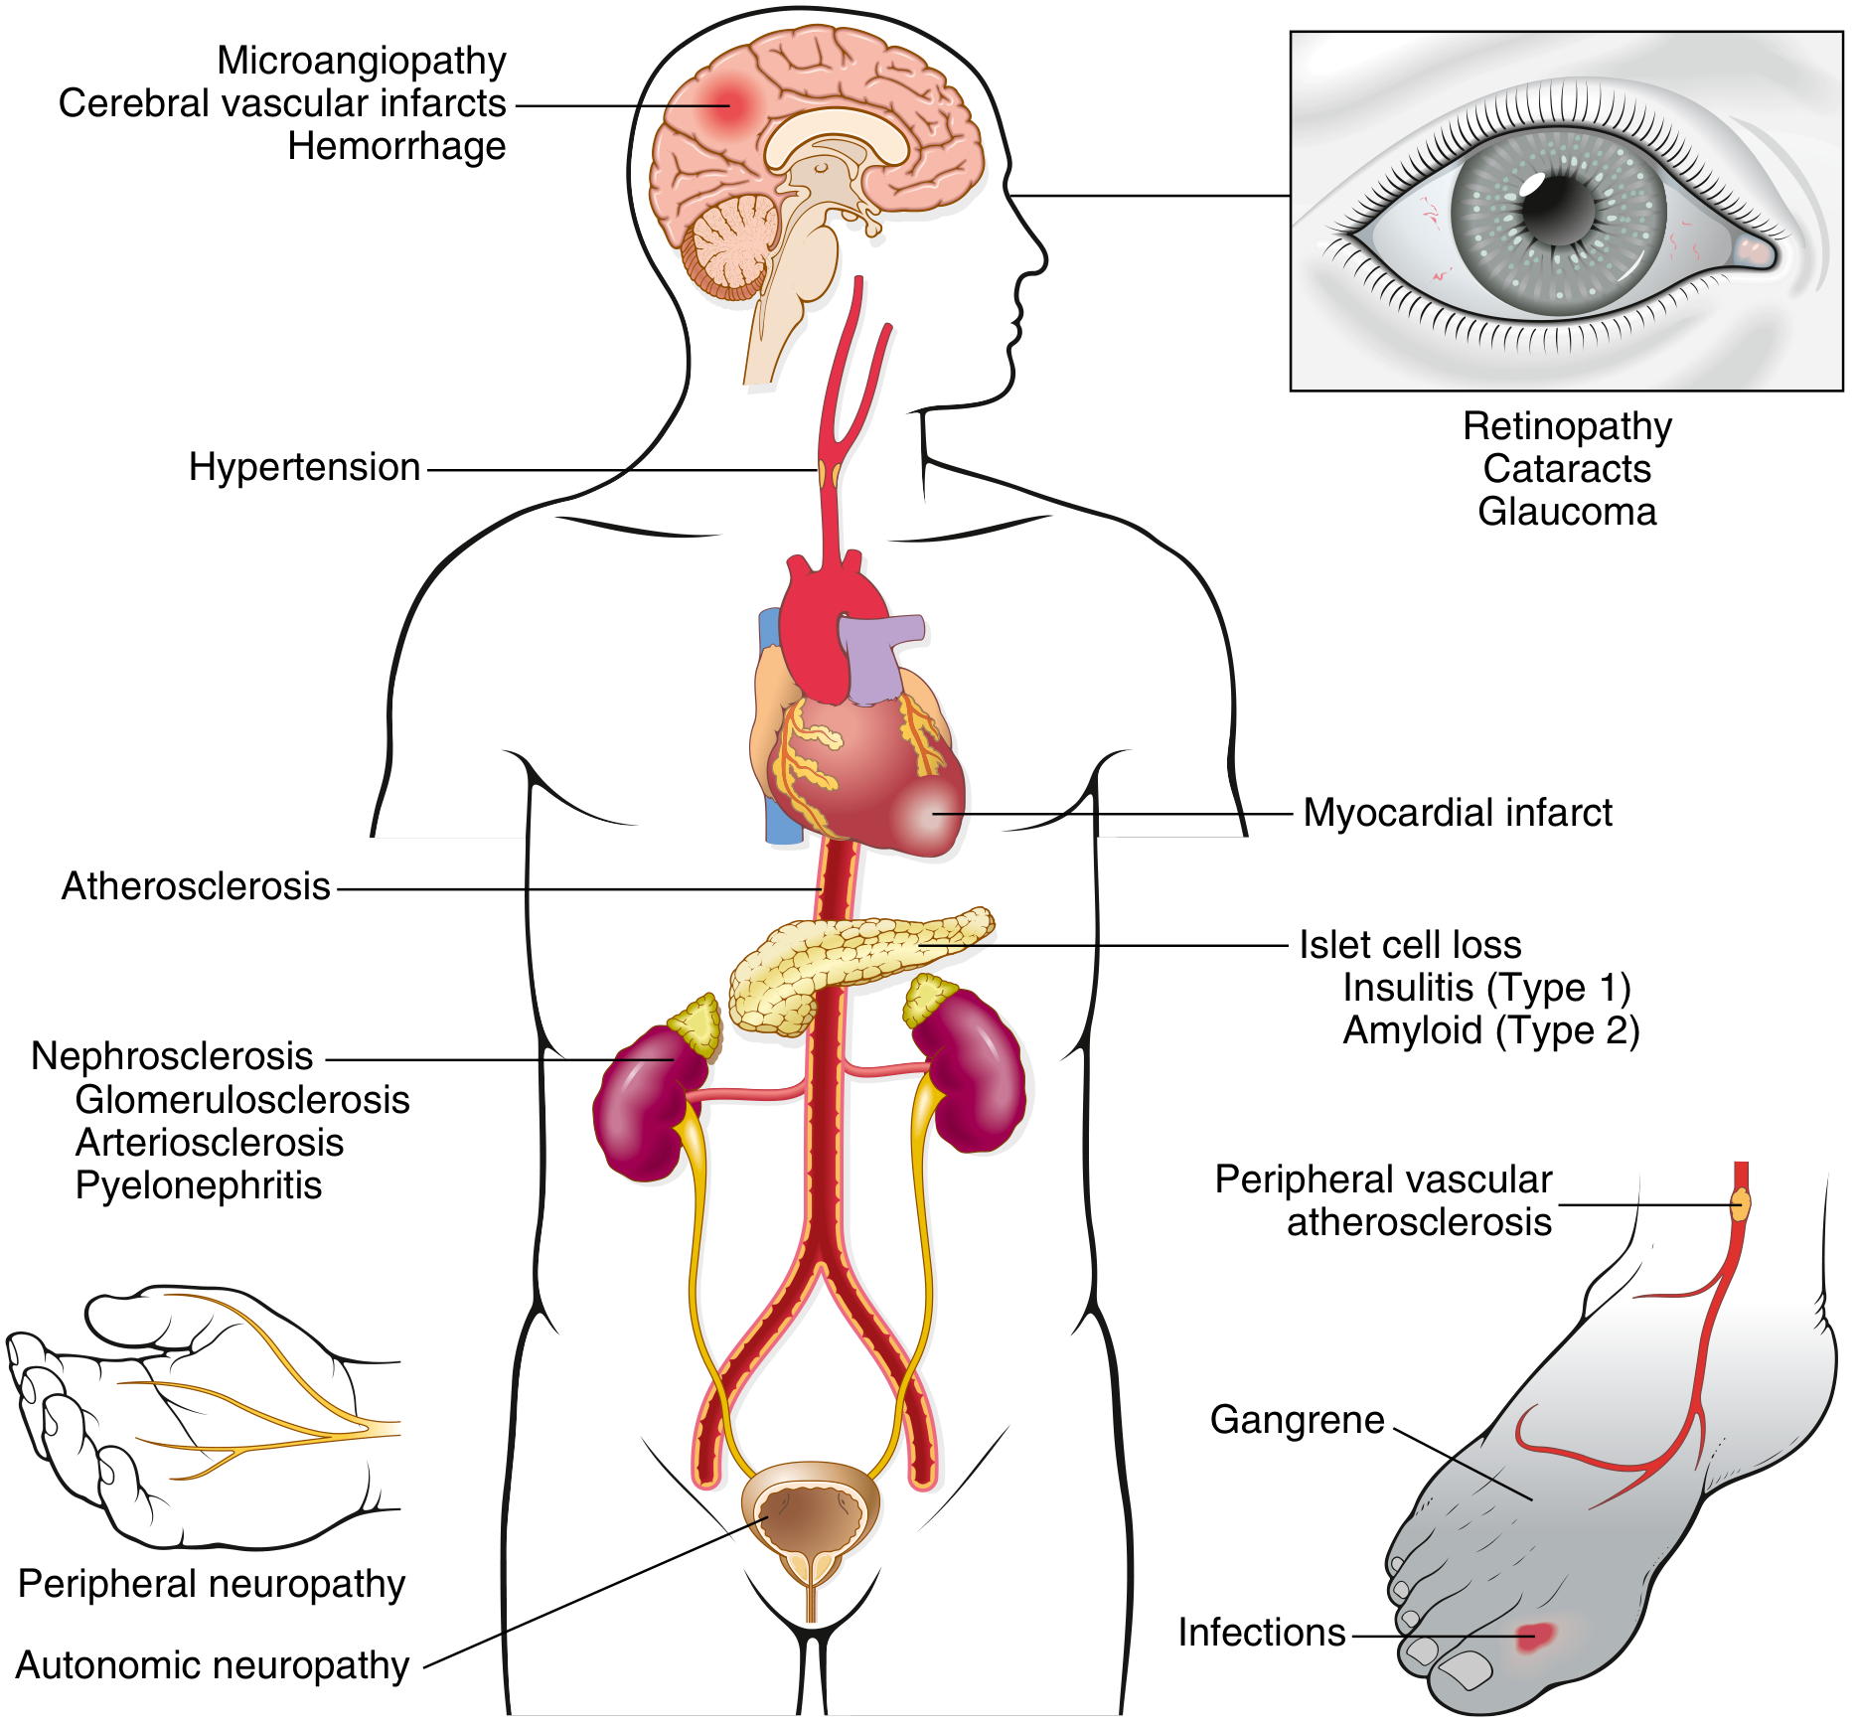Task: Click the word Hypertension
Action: (304, 467)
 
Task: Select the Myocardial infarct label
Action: (1457, 813)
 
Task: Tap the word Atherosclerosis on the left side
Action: (196, 886)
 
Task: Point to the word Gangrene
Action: (1297, 1420)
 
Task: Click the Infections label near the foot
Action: (1261, 1633)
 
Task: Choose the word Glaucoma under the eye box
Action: (1567, 512)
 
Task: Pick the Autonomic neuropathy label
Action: (213, 1665)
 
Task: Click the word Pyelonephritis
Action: (199, 1185)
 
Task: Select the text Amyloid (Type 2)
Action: (1490, 1030)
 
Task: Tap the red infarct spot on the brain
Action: (727, 102)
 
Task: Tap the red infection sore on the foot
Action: (1534, 1635)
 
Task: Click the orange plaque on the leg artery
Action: (1741, 1204)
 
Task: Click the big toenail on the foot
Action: (1467, 1669)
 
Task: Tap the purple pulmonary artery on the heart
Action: (874, 656)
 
